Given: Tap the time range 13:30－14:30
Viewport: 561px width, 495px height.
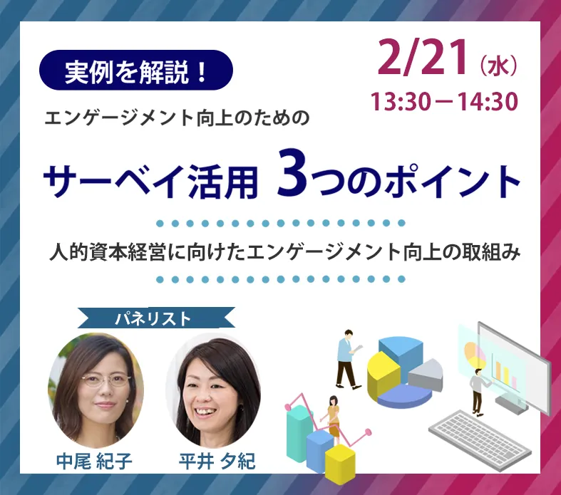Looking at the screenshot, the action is point(444,101).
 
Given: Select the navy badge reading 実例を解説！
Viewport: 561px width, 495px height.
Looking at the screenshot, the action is point(136,70).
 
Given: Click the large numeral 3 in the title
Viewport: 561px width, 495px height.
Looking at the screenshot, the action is point(292,173).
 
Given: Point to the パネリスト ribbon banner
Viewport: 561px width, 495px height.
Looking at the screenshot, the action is point(156,318).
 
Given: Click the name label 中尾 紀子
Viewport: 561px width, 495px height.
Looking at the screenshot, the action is point(95,461).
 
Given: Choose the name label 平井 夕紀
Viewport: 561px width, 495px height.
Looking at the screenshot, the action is point(217,461).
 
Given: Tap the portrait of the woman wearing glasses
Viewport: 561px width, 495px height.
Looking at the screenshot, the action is point(96,390).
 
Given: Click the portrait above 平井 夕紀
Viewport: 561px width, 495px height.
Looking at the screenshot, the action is point(214,390).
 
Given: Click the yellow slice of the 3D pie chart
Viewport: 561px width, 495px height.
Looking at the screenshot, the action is point(383,374).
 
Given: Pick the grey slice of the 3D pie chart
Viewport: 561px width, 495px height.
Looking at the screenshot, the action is point(426,375).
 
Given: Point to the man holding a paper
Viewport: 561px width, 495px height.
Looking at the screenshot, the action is point(348,359).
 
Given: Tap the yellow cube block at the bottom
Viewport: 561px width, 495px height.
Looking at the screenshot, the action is point(340,461).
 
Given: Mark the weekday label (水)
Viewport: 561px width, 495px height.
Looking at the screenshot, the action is point(498,66).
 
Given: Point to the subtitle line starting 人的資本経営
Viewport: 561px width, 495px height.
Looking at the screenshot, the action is point(285,251).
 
